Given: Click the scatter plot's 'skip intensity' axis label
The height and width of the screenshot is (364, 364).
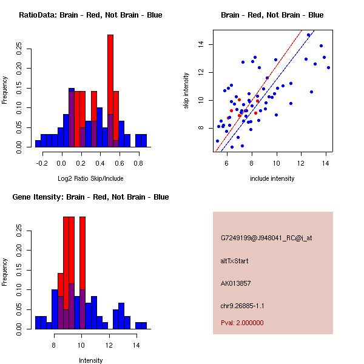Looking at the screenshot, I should pos(187,91).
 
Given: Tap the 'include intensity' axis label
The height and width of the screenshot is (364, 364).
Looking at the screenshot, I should pos(272,178).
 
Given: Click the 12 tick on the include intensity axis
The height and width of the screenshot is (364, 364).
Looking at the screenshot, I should pos(302,163).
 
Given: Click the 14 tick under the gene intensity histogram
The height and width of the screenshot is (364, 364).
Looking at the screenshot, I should pos(136,345).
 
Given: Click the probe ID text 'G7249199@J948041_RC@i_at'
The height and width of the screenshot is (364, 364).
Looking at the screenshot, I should pos(266,239).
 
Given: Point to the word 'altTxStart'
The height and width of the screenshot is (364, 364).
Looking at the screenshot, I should pos(235,261).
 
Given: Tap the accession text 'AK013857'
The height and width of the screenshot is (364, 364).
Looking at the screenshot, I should pos(236,283).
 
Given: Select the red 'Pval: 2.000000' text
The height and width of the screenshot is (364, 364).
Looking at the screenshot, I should pos(242,323).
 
